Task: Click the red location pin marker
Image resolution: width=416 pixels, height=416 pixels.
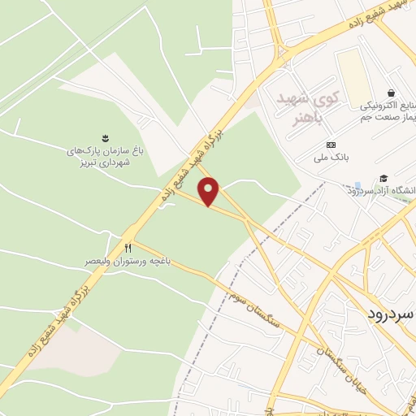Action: tap(210, 192)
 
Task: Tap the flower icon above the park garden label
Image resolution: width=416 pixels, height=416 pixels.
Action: tap(105, 137)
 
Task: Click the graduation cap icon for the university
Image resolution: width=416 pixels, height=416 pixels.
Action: tap(383, 179)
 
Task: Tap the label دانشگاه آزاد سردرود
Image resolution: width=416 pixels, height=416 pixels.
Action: tap(381, 191)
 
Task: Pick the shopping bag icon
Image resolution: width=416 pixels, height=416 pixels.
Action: tap(392, 93)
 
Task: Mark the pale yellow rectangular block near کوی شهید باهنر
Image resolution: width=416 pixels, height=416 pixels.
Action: tap(351, 74)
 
